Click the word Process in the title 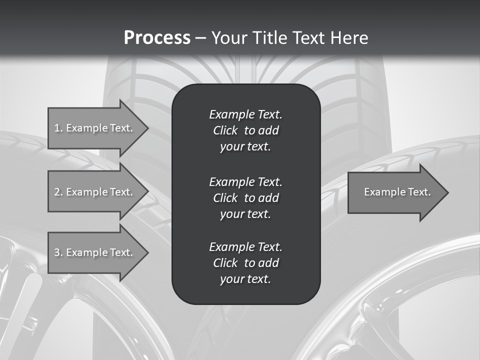pyautogui.click(x=157, y=38)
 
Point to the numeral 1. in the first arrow pyautogui.click(x=58, y=128)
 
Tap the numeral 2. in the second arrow pyautogui.click(x=58, y=192)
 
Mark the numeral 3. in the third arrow pyautogui.click(x=58, y=252)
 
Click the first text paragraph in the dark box pyautogui.click(x=245, y=130)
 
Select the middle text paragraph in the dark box pyautogui.click(x=245, y=197)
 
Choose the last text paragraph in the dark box pyautogui.click(x=245, y=263)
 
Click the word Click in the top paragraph pyautogui.click(x=225, y=131)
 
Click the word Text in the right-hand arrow pyautogui.click(x=419, y=192)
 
